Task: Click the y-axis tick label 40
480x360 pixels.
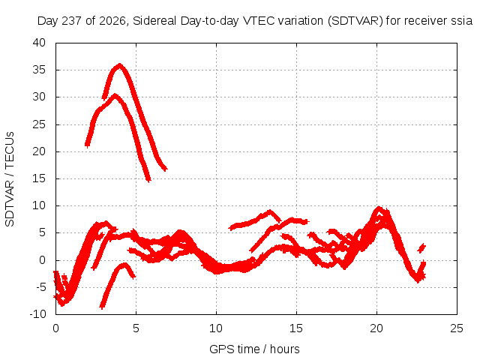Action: tap(39, 43)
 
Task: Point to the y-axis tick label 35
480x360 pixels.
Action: tap(39, 70)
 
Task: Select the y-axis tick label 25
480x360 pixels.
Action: tap(39, 124)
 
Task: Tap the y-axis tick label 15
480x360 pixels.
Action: tap(39, 178)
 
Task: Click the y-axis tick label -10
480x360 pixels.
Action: tap(37, 314)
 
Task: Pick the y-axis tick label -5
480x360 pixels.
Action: tap(40, 287)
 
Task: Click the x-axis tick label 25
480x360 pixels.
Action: tap(457, 328)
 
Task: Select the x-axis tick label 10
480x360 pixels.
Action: tap(216, 328)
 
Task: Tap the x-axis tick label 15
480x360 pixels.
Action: tap(296, 328)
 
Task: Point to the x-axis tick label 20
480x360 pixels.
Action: tap(376, 328)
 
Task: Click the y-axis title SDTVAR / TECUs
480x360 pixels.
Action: tap(10, 179)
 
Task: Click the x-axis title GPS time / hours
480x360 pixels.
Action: tap(254, 349)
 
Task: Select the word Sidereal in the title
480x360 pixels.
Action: tap(154, 21)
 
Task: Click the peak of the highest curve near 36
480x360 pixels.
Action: tap(120, 65)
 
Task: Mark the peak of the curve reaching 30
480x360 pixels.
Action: tap(115, 95)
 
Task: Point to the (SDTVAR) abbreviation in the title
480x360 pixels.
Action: tap(355, 21)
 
